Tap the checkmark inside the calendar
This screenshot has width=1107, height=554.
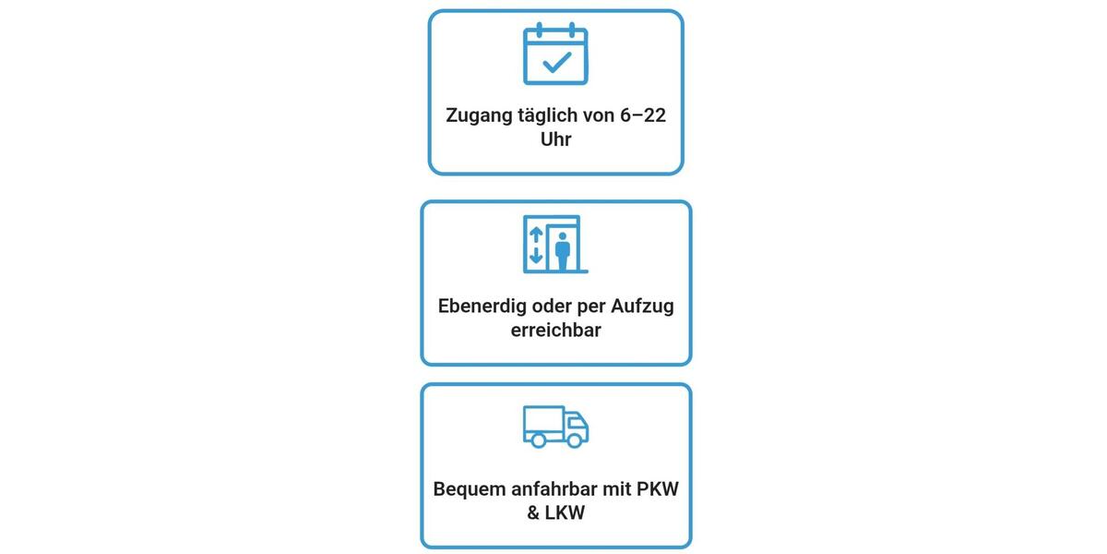point(557,63)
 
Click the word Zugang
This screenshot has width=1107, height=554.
point(479,116)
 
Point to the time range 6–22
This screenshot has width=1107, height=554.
point(642,115)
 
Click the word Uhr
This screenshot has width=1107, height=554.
point(556,139)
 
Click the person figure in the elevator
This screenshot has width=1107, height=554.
point(563,251)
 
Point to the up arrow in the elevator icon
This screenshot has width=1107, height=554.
point(536,235)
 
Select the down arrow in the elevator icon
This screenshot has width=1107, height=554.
point(536,255)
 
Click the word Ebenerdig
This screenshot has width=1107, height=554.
point(482,307)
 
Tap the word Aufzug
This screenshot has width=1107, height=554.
point(642,307)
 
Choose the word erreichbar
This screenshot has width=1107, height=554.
point(556,330)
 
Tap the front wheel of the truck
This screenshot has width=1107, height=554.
point(575,440)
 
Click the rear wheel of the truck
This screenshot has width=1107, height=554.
point(538,440)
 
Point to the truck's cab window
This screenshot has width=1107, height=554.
point(577,423)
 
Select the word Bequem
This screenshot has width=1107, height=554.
point(470,489)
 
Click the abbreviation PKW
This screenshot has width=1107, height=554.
point(658,489)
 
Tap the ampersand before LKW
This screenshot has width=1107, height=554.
point(533,513)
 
